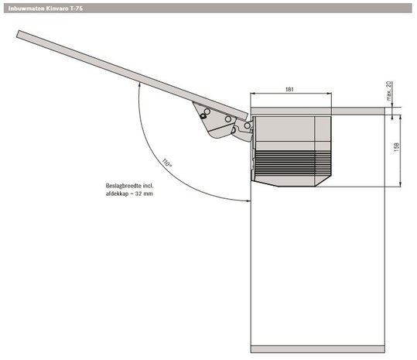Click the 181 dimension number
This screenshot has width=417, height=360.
pyautogui.click(x=289, y=89)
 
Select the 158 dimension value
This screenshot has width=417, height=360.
pyautogui.click(x=397, y=147)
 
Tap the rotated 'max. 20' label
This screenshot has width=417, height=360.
pyautogui.click(x=389, y=91)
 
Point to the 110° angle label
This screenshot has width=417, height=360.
pyautogui.click(x=166, y=163)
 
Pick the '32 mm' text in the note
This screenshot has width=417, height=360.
pyautogui.click(x=144, y=194)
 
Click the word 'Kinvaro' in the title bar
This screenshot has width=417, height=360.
pyautogui.click(x=57, y=9)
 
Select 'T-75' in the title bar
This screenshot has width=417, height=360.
pyautogui.click(x=77, y=9)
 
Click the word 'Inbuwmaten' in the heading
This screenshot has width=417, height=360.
pyautogui.click(x=26, y=9)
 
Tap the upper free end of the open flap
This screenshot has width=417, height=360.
pyautogui.click(x=18, y=34)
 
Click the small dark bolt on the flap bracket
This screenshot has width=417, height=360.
pyautogui.click(x=203, y=116)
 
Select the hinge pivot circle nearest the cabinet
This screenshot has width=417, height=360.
pyautogui.click(x=248, y=125)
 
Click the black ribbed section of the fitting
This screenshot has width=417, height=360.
pyautogui.click(x=292, y=163)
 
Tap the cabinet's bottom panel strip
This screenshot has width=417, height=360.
pyautogui.click(x=318, y=349)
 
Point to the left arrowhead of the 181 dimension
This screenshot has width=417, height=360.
pyautogui.click(x=253, y=94)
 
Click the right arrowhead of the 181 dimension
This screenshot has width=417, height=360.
pyautogui.click(x=330, y=94)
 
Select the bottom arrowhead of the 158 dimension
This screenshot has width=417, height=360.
pyautogui.click(x=400, y=184)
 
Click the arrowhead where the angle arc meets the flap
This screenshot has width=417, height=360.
pyautogui.click(x=139, y=84)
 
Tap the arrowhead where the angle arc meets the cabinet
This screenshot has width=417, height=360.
pyautogui.click(x=248, y=201)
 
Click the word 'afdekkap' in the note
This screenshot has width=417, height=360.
pyautogui.click(x=116, y=194)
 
